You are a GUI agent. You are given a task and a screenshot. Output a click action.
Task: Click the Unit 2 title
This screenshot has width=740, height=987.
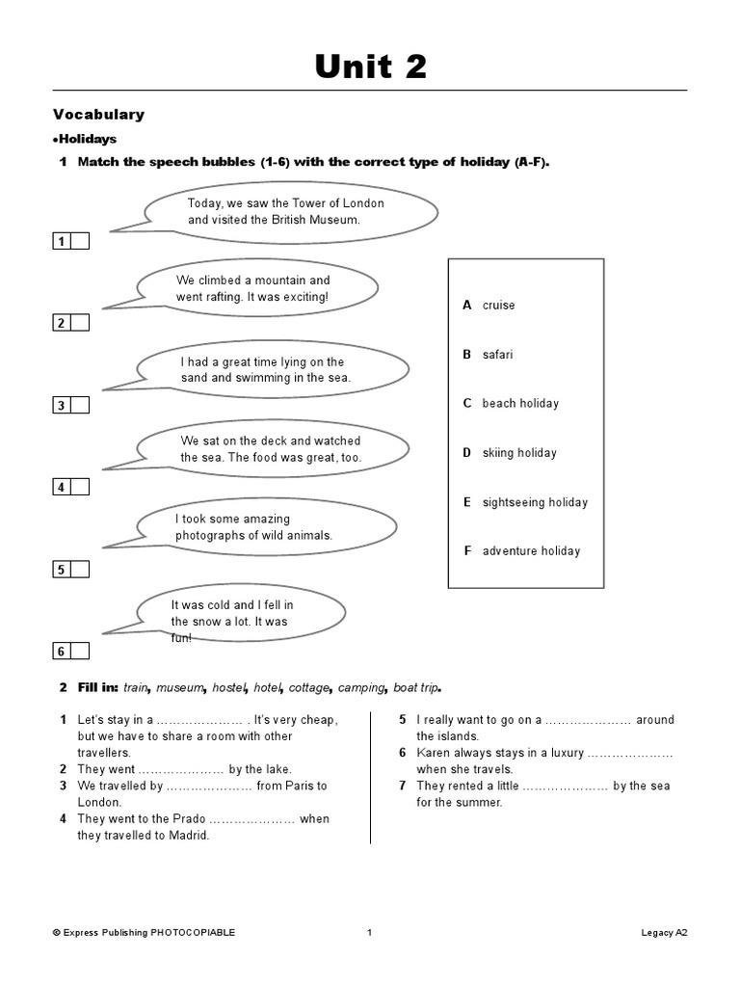[x=370, y=67]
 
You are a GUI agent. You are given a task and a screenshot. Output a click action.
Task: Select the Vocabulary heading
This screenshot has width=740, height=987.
[x=98, y=114]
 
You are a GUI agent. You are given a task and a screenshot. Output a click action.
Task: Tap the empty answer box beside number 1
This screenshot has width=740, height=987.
[x=80, y=241]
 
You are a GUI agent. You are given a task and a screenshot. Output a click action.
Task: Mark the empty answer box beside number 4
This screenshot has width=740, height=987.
[x=80, y=487]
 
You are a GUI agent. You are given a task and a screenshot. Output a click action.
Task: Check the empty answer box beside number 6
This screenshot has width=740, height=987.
[x=80, y=652]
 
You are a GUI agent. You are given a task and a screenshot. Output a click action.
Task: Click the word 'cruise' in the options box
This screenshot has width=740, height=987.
[x=498, y=306]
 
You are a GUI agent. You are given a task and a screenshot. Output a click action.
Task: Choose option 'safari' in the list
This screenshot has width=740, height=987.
[x=497, y=355]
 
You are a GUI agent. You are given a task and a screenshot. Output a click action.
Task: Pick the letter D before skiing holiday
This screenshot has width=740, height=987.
[x=466, y=453]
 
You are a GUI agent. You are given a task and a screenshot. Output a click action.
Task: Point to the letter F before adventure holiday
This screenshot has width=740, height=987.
[x=466, y=551]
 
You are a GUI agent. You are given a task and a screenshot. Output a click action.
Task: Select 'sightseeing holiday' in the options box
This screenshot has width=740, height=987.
[x=535, y=502]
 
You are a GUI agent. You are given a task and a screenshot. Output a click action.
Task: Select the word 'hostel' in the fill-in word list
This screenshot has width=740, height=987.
[x=229, y=688]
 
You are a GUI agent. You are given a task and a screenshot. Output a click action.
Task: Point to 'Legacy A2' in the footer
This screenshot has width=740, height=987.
[x=664, y=932]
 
